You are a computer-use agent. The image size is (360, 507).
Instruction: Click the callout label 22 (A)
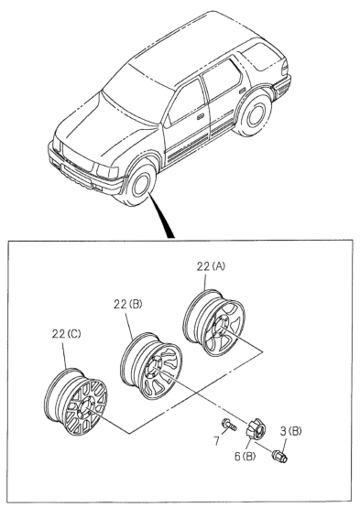pyautogui.click(x=211, y=266)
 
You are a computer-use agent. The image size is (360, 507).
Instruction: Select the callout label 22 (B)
pyautogui.click(x=127, y=304)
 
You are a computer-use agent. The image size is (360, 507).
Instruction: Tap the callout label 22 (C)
pyautogui.click(x=66, y=334)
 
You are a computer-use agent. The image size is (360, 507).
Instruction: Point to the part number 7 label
pyautogui.click(x=216, y=440)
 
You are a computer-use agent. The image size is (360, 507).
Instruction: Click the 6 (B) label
pyautogui.click(x=245, y=457)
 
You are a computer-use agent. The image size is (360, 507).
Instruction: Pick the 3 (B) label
pyautogui.click(x=290, y=432)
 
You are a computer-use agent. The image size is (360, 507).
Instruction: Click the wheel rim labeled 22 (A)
pyautogui.click(x=214, y=323)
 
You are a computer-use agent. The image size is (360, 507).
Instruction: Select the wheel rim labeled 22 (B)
pyautogui.click(x=151, y=366)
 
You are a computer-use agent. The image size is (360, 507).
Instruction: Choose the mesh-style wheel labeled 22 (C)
pyautogui.click(x=75, y=402)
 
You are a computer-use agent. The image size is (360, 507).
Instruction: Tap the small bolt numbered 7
pyautogui.click(x=229, y=425)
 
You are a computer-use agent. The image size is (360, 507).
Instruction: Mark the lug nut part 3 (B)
pyautogui.click(x=279, y=456)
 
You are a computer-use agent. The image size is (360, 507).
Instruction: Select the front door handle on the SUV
pyautogui.click(x=201, y=116)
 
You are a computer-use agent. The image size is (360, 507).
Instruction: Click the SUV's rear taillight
pyautogui.click(x=284, y=69)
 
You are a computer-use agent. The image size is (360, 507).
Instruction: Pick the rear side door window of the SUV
pyautogui.click(x=222, y=78)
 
